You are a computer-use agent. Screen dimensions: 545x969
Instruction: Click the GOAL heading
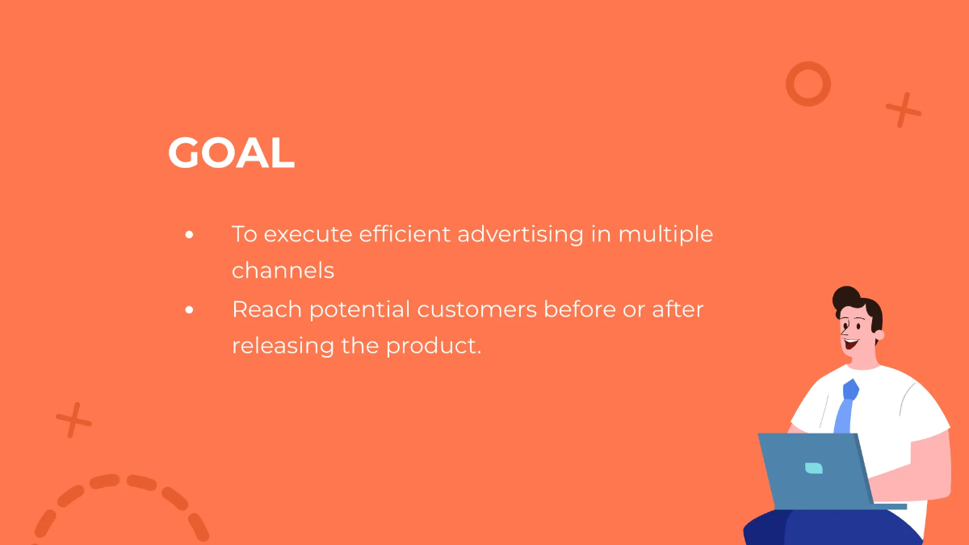pyautogui.click(x=231, y=153)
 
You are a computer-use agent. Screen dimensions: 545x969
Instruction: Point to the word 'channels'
pyautogui.click(x=283, y=270)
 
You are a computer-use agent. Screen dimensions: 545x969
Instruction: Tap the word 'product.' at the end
pyautogui.click(x=434, y=346)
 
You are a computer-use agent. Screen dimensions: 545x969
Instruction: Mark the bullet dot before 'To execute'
pyautogui.click(x=189, y=235)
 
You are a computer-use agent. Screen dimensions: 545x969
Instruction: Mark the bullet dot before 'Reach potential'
pyautogui.click(x=189, y=309)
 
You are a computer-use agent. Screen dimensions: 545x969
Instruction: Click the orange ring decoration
pyautogui.click(x=808, y=84)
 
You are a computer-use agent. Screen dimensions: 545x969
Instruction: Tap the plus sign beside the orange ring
pyautogui.click(x=903, y=110)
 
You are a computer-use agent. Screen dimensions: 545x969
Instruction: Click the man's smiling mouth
pyautogui.click(x=850, y=342)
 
